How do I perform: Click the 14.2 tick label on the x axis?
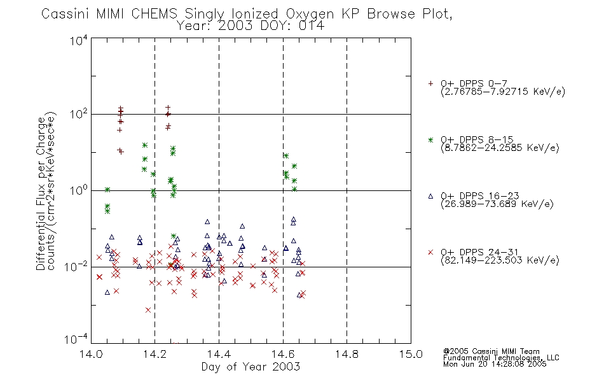[x=155, y=354]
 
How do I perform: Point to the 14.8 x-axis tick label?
[x=347, y=354]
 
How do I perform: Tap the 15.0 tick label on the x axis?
[x=411, y=354]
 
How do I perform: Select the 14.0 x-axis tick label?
[x=91, y=354]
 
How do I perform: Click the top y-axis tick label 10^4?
[x=79, y=41]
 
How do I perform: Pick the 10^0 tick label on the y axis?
[x=79, y=190]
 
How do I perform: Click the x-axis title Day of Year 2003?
[x=251, y=367]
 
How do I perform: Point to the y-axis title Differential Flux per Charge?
[x=41, y=194]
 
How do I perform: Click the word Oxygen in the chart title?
[x=310, y=14]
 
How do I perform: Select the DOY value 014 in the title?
[x=312, y=25]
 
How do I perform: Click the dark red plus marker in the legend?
[x=430, y=83]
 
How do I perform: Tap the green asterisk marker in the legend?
[x=430, y=140]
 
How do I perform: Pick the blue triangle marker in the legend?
[x=430, y=196]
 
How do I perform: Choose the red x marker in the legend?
[x=430, y=252]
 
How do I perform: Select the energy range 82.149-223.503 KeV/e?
[x=500, y=260]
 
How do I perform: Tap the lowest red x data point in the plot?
[x=148, y=310]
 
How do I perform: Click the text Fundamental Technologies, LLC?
[x=501, y=358]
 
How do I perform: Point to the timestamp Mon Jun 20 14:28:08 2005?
[x=495, y=364]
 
